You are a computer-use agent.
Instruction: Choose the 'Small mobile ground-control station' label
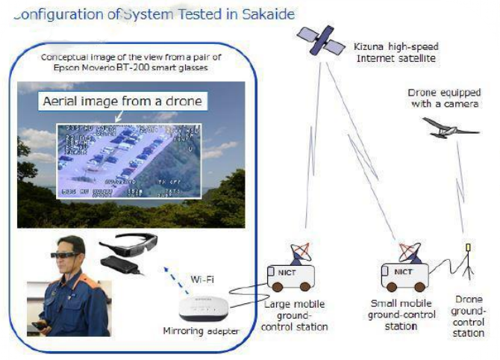(x=402, y=314)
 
